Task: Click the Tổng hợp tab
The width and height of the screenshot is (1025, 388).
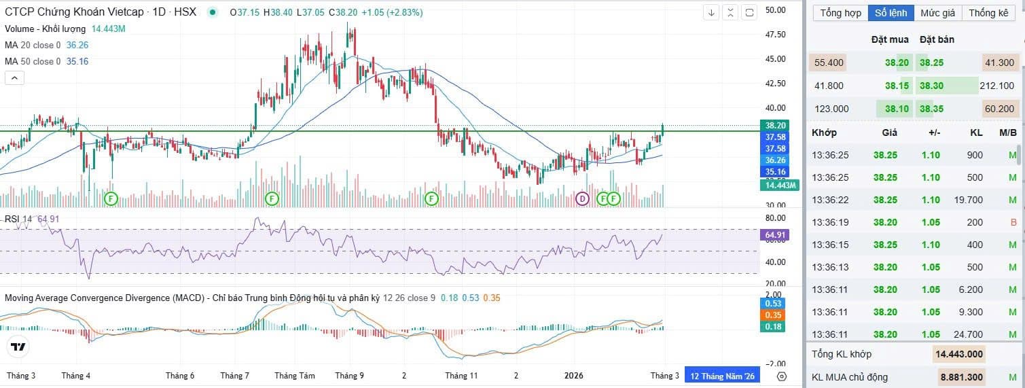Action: (x=840, y=13)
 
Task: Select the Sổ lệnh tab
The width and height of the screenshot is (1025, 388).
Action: (x=891, y=13)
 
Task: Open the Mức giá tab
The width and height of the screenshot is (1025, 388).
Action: (x=937, y=13)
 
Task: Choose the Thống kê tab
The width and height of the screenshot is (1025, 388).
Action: (x=988, y=13)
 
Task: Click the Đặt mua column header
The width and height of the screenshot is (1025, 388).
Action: (x=890, y=39)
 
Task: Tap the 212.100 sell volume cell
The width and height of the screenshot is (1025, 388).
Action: (x=996, y=86)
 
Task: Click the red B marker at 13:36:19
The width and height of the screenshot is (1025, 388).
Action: (x=1013, y=222)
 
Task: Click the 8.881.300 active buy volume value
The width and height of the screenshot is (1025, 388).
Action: (x=958, y=377)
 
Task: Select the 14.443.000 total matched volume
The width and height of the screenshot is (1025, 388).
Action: (x=958, y=354)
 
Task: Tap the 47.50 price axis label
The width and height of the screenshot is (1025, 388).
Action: (x=774, y=35)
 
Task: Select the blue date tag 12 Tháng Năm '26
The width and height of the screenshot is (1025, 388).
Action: (x=722, y=376)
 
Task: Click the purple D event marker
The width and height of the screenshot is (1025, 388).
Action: (x=582, y=198)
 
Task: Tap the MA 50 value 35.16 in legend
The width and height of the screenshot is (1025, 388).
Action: (x=77, y=61)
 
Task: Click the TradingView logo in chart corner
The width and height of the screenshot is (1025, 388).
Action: (x=18, y=347)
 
